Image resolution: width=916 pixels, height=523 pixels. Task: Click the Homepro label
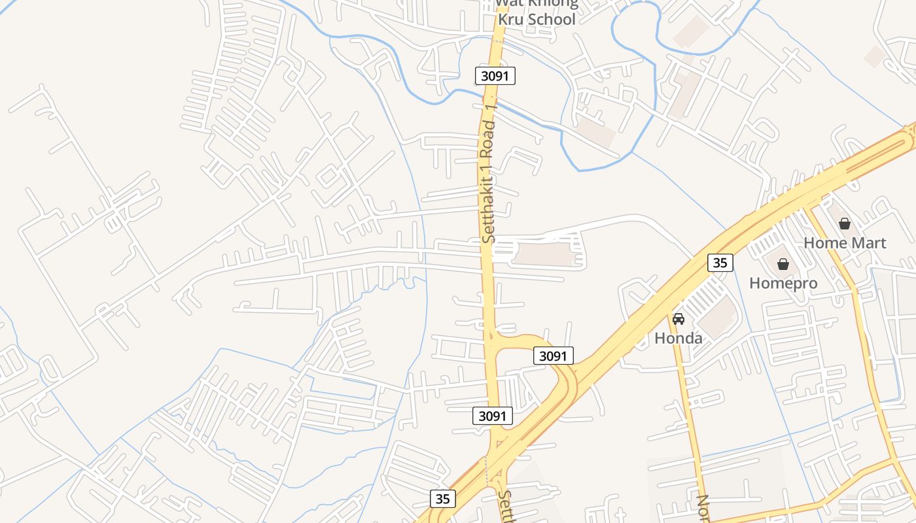coord(783,283)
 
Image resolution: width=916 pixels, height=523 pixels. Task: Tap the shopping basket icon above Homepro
coord(783,264)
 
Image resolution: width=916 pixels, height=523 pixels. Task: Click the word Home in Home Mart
coord(823,243)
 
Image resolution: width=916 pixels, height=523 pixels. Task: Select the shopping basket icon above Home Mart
coord(845,224)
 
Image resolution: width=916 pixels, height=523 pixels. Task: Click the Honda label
coord(678,338)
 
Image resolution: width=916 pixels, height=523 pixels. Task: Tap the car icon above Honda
coord(678,319)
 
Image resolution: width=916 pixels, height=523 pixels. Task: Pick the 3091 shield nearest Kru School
coord(495,76)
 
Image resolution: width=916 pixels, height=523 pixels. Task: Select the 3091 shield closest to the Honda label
coord(554,356)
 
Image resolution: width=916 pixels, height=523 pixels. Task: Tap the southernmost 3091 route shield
coord(492,416)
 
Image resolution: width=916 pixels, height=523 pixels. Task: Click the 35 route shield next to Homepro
coord(720,263)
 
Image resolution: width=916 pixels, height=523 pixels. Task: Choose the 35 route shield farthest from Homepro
coord(443,499)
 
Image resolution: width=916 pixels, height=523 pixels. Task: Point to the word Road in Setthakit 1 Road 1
coord(487,136)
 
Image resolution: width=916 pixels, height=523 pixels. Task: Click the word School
coord(552,20)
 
